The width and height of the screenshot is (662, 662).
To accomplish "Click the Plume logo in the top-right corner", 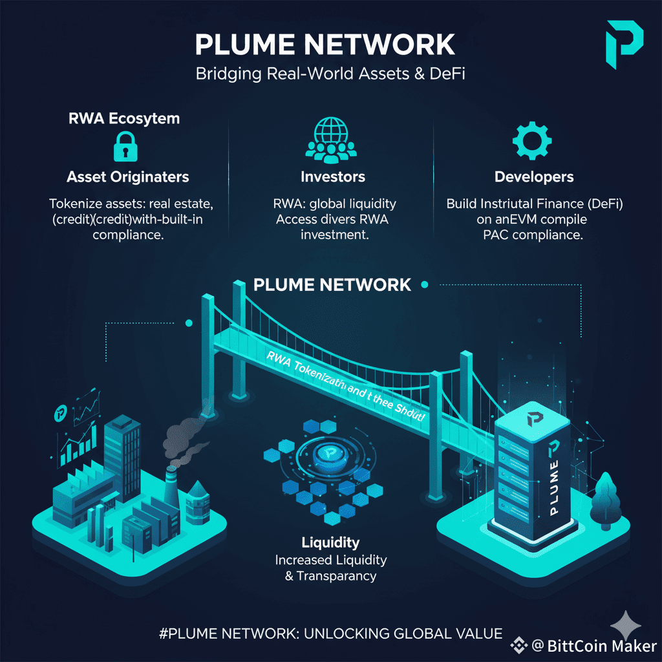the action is pyautogui.click(x=625, y=43).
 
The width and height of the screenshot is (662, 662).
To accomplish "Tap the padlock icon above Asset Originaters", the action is pyautogui.click(x=123, y=147).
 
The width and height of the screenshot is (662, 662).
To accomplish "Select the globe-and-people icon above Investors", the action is pyautogui.click(x=332, y=139).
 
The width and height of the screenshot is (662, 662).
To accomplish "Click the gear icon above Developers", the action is pyautogui.click(x=531, y=138).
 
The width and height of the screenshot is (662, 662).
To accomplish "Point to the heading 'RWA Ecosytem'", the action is pyautogui.click(x=124, y=119).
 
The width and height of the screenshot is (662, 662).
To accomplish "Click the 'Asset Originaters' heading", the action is pyautogui.click(x=127, y=176).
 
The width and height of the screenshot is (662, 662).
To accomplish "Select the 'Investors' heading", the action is pyautogui.click(x=333, y=176).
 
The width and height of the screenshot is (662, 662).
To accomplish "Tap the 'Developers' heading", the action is pyautogui.click(x=534, y=176).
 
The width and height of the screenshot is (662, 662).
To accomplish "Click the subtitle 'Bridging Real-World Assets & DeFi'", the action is pyautogui.click(x=331, y=74).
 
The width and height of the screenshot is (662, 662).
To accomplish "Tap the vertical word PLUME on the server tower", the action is pyautogui.click(x=555, y=478).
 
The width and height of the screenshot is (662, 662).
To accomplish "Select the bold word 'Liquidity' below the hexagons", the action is pyautogui.click(x=330, y=542).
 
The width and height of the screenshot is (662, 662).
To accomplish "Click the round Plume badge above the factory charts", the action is pyautogui.click(x=62, y=412).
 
